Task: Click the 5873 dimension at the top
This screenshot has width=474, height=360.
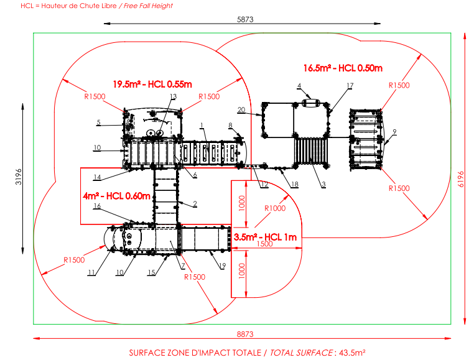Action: pos(245,19)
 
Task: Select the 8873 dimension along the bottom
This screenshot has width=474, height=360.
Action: pos(245,334)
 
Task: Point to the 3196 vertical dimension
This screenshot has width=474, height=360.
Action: pos(19,177)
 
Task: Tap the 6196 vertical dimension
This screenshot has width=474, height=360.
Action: pos(461,179)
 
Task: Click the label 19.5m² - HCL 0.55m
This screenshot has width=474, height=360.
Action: pos(152,84)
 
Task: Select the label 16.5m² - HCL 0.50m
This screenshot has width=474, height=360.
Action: pos(343,68)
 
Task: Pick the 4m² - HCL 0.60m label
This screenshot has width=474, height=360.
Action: pos(117,196)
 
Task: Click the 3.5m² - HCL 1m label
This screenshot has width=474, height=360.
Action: pos(265,237)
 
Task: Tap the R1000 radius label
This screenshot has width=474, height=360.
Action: pos(275,208)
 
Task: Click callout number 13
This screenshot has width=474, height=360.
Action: pos(173,96)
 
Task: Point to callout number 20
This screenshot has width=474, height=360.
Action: pos(241,109)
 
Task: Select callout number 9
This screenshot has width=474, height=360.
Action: pos(394,132)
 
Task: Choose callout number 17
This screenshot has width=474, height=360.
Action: pos(350,86)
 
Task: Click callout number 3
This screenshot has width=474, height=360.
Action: pos(323,184)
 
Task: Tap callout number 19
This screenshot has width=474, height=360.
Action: pos(222,265)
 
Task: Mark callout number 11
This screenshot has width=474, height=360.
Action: pos(91,272)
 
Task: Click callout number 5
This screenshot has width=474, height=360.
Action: pos(98,122)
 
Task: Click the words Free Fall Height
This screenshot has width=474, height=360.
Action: pos(148,6)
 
